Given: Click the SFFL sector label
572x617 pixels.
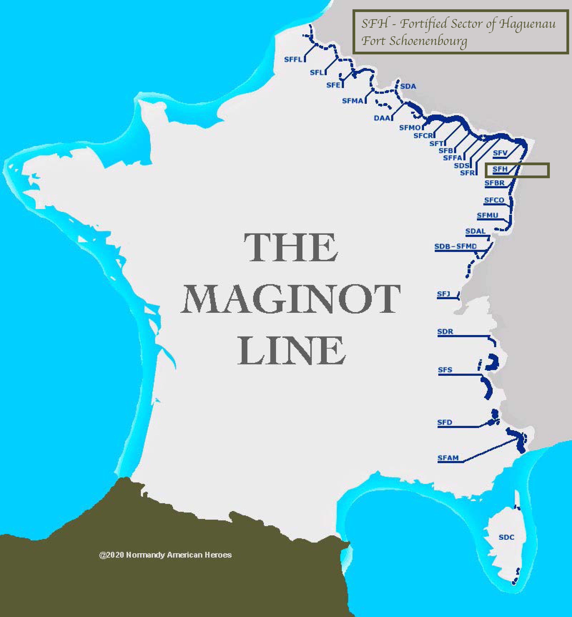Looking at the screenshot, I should point(293,59).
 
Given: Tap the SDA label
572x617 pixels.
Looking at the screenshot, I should point(408,86).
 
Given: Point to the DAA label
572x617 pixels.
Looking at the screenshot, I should point(382,118).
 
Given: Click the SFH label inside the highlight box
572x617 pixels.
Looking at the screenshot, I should point(500,169).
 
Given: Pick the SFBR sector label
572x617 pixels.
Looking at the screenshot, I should point(494,183).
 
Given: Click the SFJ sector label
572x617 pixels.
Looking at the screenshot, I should point(443,294).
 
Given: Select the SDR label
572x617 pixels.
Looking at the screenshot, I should point(445,332).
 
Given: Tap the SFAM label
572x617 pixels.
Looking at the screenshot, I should point(448,458).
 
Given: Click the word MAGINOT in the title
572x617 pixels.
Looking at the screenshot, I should point(290,300).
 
